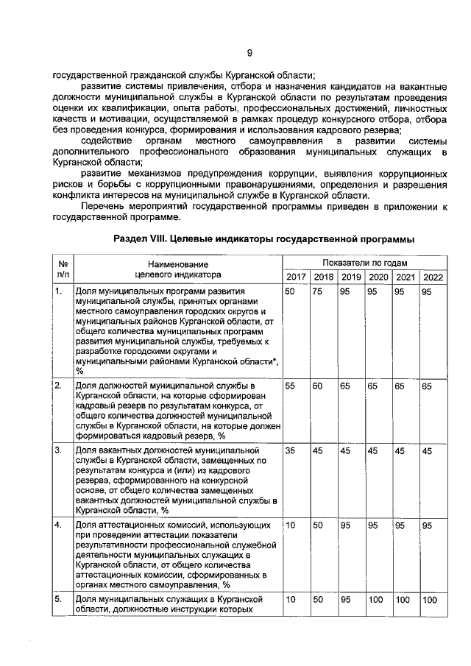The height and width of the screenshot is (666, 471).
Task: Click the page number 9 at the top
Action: click(249, 52)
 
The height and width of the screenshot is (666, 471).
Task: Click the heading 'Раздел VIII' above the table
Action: click(264, 240)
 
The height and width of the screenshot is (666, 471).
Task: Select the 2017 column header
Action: click(296, 277)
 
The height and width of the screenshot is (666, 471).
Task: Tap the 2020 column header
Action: click(378, 277)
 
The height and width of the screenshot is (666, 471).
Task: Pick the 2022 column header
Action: click(432, 277)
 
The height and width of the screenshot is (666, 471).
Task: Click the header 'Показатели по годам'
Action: click(364, 263)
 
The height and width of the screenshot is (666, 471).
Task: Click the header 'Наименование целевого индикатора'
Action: click(177, 269)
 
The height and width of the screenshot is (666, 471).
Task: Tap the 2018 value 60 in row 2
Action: click(318, 386)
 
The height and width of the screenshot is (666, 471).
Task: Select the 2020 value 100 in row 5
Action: click(376, 601)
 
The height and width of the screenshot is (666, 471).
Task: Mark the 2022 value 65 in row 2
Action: click(426, 386)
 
